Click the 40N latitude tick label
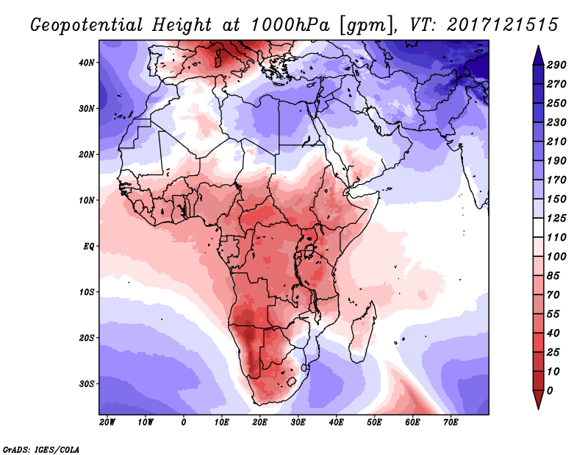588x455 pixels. (x=87, y=63)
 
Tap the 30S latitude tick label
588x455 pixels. (x=87, y=384)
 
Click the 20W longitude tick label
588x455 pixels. (x=107, y=423)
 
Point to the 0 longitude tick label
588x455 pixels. (x=184, y=423)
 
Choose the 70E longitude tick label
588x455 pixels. (x=451, y=423)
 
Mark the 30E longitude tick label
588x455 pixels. (x=298, y=423)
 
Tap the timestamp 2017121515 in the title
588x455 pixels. (x=501, y=24)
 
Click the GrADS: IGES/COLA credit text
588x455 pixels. (x=41, y=448)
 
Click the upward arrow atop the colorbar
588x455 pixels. (x=537, y=52)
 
